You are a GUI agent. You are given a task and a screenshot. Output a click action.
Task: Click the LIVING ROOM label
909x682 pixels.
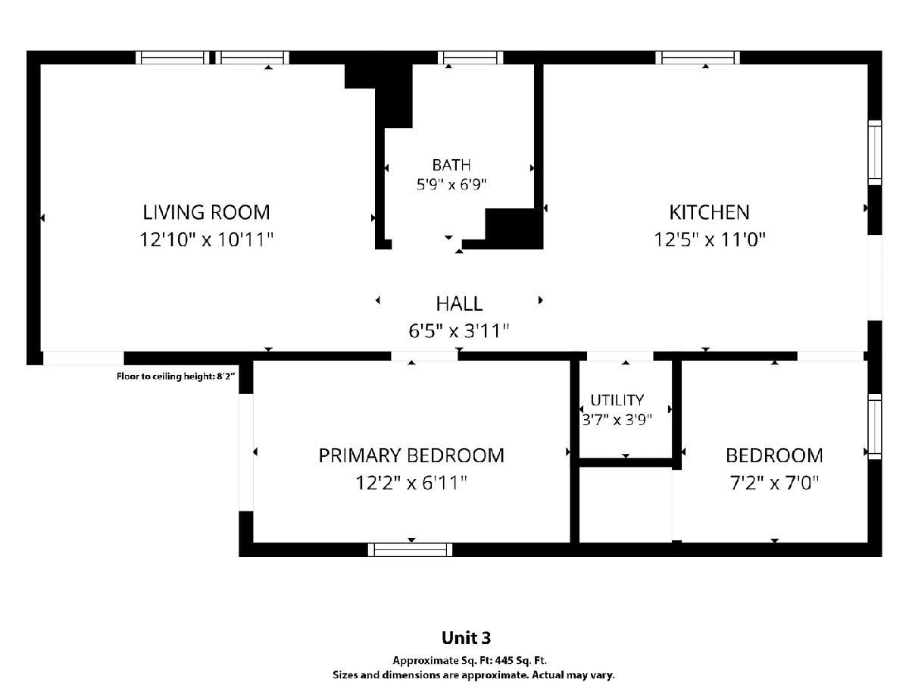click(206, 212)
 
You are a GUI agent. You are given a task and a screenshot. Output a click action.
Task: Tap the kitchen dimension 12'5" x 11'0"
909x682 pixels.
click(709, 239)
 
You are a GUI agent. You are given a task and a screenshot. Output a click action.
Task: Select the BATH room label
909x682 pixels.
click(451, 165)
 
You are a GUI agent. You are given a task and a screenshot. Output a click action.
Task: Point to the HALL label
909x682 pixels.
click(459, 304)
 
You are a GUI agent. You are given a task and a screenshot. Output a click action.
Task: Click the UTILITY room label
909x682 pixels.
click(617, 400)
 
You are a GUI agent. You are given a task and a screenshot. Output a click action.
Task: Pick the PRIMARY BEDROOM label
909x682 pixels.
click(411, 455)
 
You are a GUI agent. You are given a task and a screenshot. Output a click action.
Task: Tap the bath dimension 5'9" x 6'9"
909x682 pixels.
click(451, 184)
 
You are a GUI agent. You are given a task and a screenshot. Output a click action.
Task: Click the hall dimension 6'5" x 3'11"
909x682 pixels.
click(459, 331)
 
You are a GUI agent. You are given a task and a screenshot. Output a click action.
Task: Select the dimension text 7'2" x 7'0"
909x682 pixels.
click(774, 483)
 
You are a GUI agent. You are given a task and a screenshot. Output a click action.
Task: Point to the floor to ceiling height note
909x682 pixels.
click(176, 377)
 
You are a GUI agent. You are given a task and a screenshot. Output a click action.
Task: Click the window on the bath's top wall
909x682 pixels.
click(470, 58)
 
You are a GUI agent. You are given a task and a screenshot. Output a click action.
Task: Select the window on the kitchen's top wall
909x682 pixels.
click(698, 58)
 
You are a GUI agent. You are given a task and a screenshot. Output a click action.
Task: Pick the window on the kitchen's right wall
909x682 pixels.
click(875, 152)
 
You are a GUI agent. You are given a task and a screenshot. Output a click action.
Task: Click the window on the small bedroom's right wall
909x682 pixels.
click(875, 427)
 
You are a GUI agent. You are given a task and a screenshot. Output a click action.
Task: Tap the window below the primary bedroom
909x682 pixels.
click(410, 550)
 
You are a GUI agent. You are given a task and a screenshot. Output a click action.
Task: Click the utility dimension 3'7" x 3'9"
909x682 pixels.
click(617, 420)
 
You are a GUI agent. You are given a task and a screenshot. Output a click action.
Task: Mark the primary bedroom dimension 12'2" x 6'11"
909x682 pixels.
click(411, 483)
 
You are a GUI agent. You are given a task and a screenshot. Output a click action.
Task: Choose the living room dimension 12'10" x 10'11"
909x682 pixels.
click(206, 239)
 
